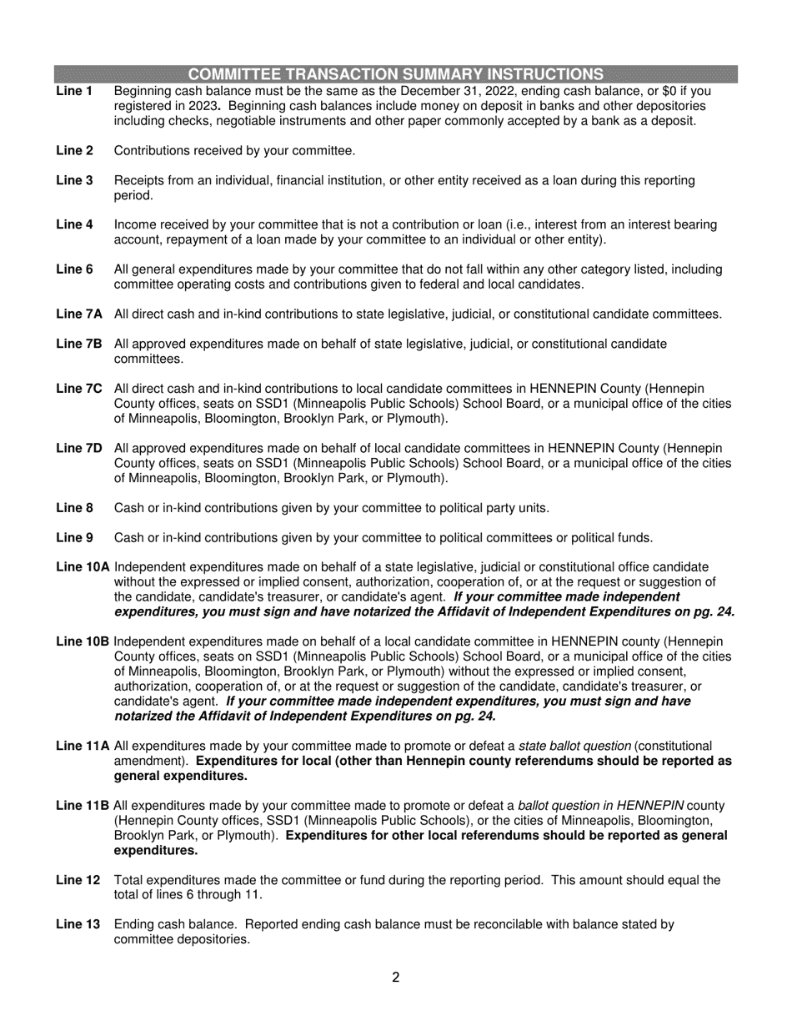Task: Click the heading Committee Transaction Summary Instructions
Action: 396,73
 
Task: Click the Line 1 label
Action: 74,91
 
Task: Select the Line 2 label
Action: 74,151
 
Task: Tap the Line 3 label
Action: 74,180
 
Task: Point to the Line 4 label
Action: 74,224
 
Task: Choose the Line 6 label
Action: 74,269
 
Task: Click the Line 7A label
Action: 78,314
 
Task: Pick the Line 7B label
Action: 78,344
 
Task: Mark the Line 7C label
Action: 78,389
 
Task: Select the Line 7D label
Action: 78,449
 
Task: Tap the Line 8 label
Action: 74,508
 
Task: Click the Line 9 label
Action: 74,538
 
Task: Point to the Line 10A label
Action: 83,567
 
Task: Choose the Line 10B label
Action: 83,641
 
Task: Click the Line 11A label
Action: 83,746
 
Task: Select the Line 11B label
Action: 83,806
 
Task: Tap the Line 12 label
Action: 78,880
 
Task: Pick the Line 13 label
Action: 78,924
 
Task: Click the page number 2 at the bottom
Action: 396,978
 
